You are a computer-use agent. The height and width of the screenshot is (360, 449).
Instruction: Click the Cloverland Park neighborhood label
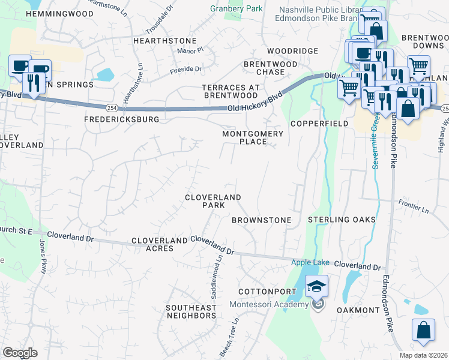212,201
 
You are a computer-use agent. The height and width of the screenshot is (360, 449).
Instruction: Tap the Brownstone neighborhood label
261,220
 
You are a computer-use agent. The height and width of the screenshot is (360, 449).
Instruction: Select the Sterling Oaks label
342,220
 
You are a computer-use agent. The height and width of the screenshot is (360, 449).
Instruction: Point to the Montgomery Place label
244,137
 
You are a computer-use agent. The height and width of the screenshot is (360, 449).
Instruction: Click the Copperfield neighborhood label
319,123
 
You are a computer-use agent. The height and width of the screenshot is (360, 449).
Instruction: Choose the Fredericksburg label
122,119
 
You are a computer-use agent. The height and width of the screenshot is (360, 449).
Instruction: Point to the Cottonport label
267,292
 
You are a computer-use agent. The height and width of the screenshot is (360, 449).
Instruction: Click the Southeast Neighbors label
191,311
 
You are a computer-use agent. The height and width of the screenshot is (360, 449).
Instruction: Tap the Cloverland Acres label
160,244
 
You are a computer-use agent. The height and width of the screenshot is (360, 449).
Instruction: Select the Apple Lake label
310,262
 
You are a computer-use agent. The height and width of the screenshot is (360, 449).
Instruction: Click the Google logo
20,353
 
